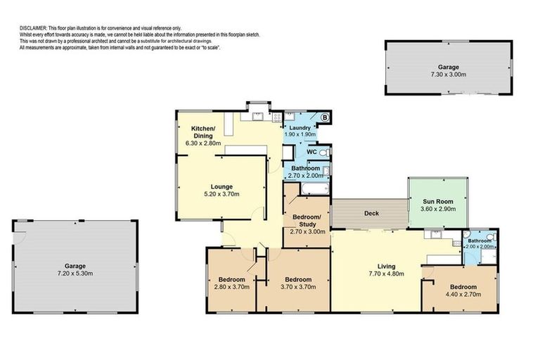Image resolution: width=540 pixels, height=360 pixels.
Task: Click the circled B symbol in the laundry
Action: [x=325, y=117]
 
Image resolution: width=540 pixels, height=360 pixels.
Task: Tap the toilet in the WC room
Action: [x=323, y=153]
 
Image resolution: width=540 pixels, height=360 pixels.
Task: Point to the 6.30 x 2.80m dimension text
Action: [x=203, y=143]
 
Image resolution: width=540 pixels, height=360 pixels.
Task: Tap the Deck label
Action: [x=372, y=212]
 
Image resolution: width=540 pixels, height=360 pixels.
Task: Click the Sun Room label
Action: [x=437, y=201]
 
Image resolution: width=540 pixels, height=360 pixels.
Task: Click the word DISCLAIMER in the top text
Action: [x=33, y=28]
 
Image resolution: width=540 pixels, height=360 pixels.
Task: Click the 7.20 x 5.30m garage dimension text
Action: [x=75, y=274]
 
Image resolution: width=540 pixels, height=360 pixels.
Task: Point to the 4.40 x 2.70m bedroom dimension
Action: [x=463, y=295]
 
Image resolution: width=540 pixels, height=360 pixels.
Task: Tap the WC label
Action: [x=311, y=152]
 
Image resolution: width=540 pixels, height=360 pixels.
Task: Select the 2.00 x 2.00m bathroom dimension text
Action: [x=480, y=247]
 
